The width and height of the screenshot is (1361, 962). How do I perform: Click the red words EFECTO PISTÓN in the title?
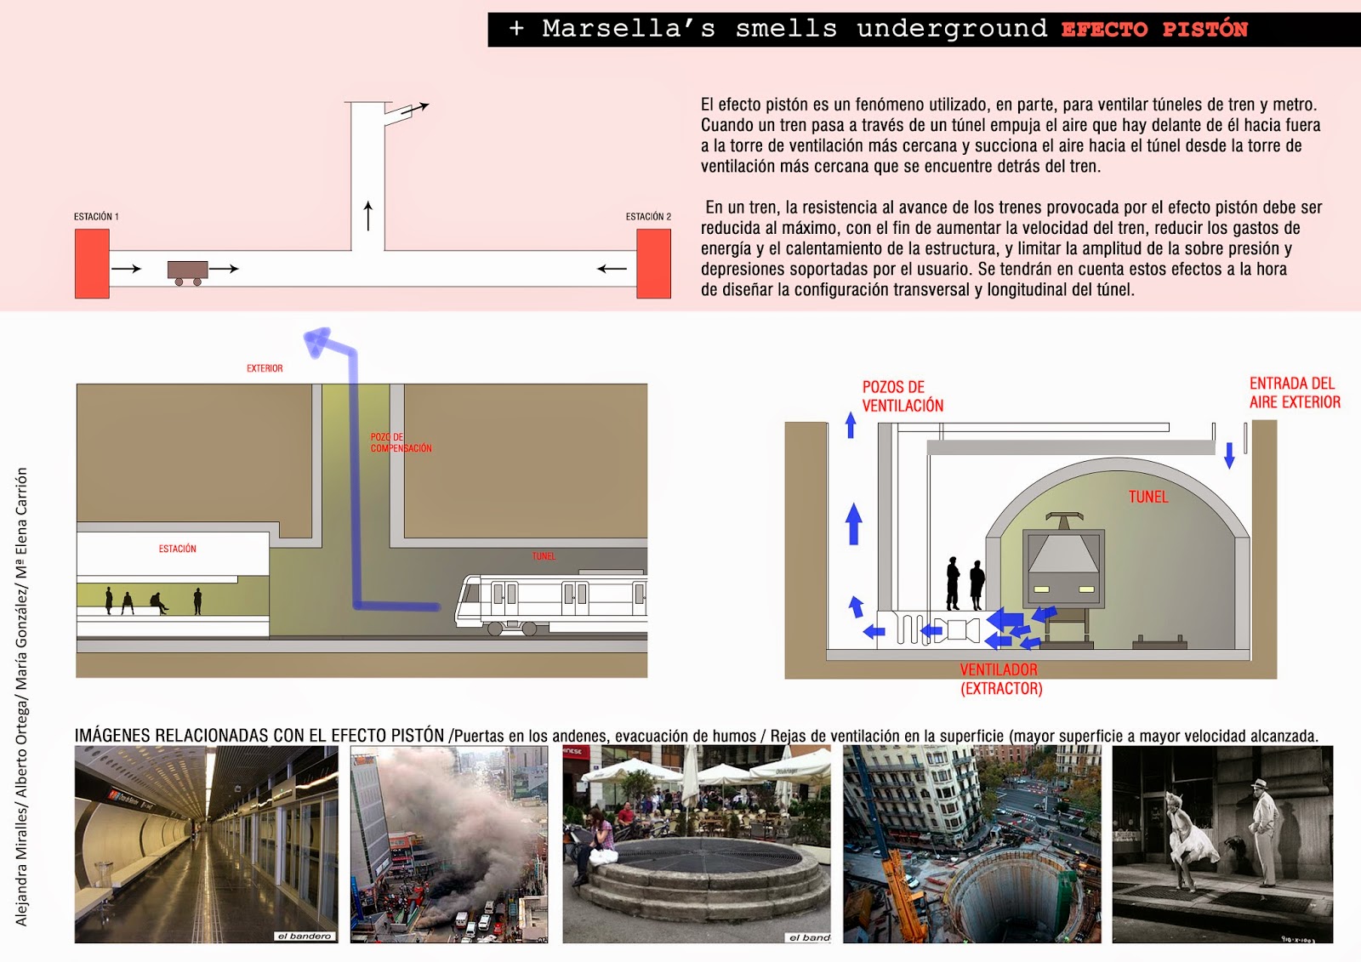(x=1153, y=30)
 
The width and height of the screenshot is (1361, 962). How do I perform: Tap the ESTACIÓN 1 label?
(x=96, y=217)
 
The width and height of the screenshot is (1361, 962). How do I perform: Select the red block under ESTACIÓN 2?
(x=653, y=264)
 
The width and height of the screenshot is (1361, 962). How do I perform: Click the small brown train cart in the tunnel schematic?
(x=188, y=271)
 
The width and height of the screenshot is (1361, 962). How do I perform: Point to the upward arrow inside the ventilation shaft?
(x=368, y=216)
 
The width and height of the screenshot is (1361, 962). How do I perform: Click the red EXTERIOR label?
(x=265, y=368)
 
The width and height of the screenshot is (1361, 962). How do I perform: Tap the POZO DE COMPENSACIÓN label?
(x=400, y=442)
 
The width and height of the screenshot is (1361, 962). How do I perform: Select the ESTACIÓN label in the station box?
(x=177, y=549)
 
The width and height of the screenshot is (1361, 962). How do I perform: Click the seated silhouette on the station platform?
(x=158, y=603)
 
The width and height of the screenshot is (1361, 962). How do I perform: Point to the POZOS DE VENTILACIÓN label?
(x=903, y=396)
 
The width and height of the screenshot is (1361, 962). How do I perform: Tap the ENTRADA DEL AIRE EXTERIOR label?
(x=1294, y=393)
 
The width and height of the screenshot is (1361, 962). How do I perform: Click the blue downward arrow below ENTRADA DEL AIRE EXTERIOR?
(x=1229, y=455)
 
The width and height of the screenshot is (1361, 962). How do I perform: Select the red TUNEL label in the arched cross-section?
(x=1147, y=497)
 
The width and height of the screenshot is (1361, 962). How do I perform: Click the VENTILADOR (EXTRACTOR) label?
(x=1000, y=680)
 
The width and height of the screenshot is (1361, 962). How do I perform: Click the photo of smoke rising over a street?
(x=448, y=844)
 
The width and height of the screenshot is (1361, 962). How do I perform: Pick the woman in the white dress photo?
(x=1192, y=842)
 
